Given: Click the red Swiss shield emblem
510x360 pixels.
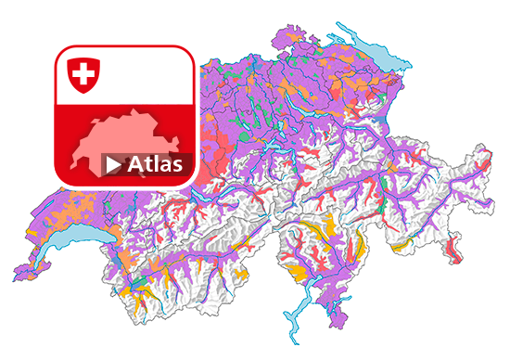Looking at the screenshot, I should pos(83,74).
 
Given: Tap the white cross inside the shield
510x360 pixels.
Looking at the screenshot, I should pos(83,72).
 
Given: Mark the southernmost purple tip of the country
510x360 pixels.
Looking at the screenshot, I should pos(339,325).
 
